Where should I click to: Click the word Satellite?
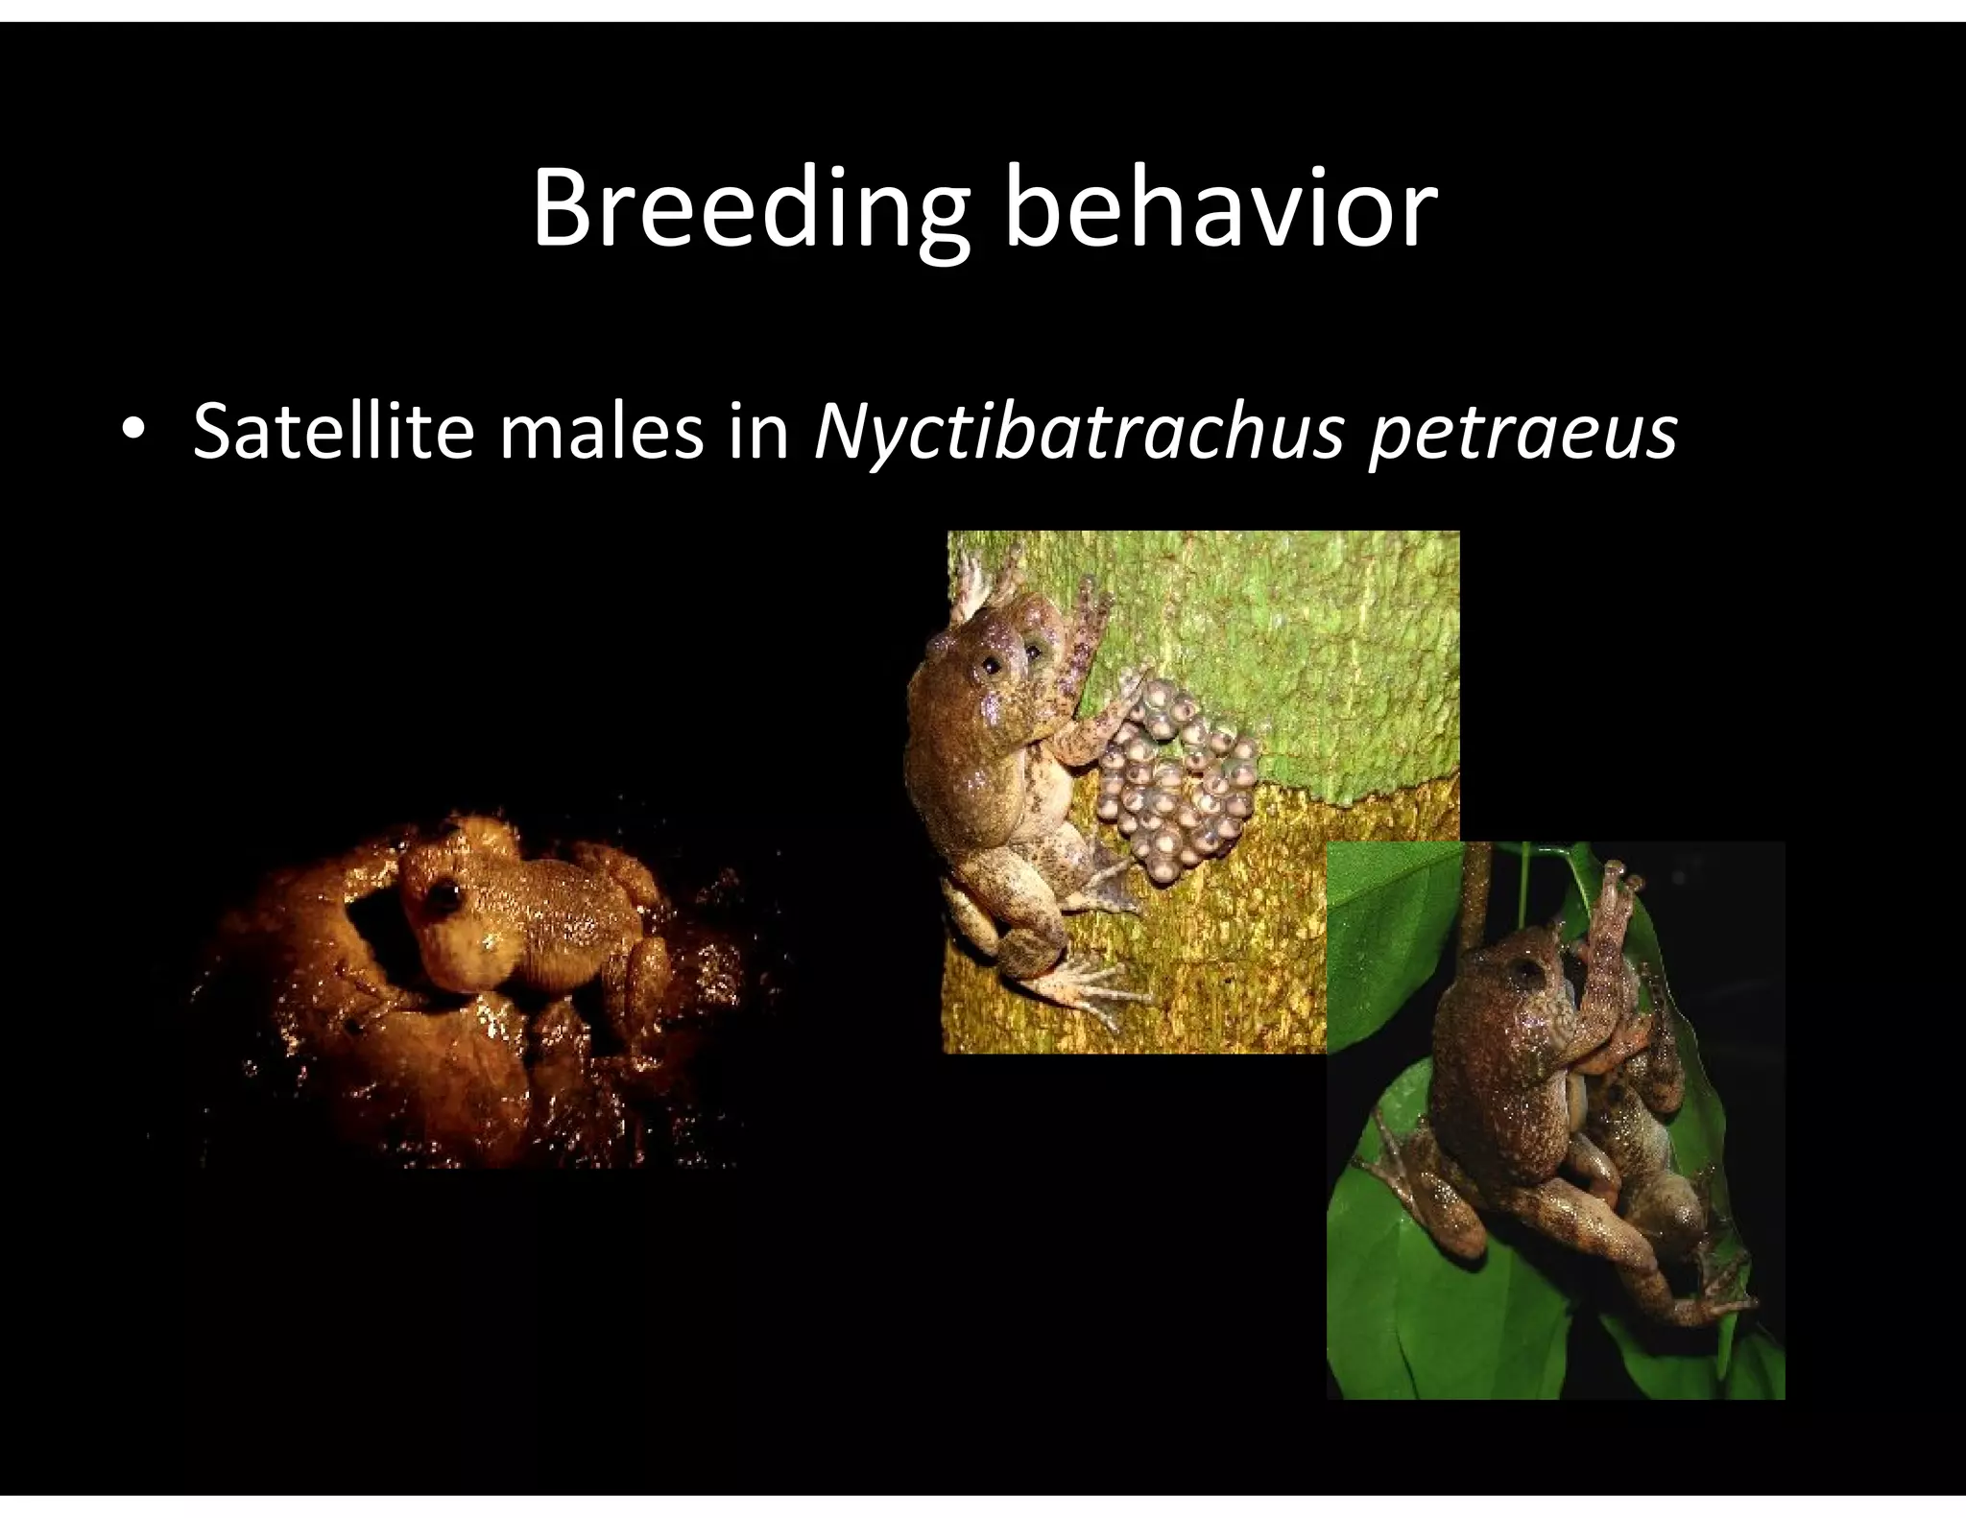tap(332, 431)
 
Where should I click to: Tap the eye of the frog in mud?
tap(444, 895)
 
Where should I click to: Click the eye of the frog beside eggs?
tap(990, 662)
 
